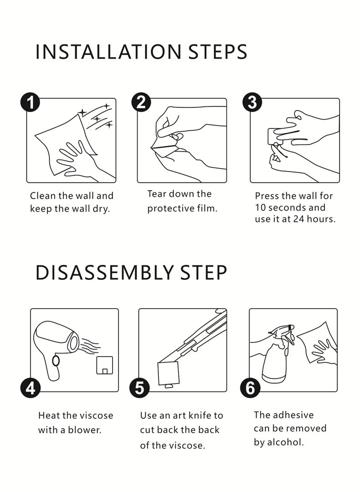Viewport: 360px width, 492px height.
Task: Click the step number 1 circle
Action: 30,102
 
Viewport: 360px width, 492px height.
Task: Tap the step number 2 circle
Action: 141,102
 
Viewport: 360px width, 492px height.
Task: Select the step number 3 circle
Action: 252,102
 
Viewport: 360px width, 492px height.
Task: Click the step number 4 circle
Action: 31,388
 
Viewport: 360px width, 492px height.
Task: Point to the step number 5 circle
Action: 139,388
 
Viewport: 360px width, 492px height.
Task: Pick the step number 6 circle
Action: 250,388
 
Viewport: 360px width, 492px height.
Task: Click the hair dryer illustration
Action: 57,348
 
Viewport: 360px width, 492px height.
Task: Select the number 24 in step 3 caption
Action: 298,219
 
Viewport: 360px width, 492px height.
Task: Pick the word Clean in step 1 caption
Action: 43,196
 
